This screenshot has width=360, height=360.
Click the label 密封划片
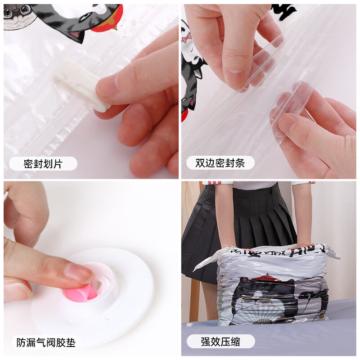point(43,164)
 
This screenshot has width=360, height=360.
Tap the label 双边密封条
point(220,163)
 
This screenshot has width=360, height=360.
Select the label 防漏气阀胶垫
point(46,342)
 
